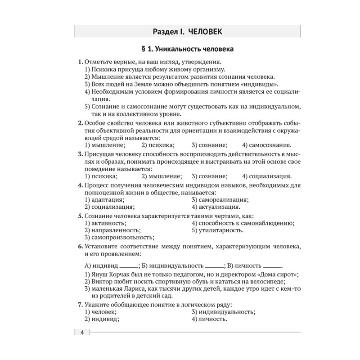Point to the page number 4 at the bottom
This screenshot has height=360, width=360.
click(x=82, y=333)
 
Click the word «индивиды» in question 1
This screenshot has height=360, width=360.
click(x=258, y=84)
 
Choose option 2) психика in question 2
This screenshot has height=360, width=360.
click(x=158, y=145)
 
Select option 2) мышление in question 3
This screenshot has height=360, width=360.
click(x=162, y=176)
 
